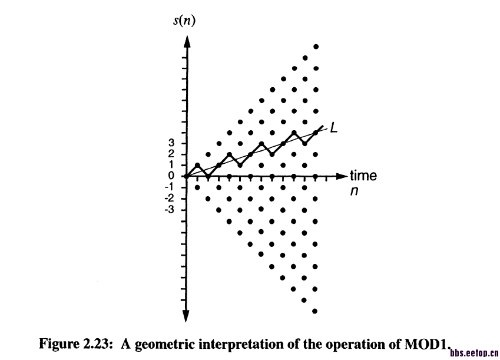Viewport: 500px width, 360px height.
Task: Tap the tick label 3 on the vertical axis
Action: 171,143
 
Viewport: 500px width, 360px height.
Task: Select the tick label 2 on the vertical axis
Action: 171,154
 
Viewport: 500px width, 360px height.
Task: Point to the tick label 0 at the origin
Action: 171,176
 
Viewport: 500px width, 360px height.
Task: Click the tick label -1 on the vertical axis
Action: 170,187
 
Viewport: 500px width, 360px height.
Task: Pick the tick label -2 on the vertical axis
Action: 170,198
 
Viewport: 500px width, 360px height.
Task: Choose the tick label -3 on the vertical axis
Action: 170,209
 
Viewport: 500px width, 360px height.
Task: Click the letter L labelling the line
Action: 333,127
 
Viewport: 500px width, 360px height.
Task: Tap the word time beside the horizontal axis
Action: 363,176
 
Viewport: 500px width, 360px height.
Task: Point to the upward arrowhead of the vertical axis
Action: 186,42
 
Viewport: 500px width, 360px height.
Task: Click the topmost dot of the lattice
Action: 316,47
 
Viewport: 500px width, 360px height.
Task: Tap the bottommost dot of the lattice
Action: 316,311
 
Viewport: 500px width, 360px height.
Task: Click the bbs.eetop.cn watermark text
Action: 473,353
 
